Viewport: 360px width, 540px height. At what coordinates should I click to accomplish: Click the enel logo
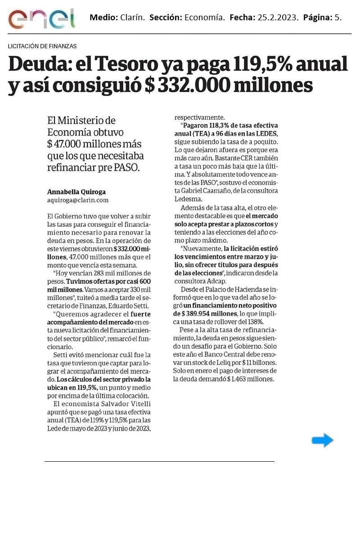click(x=41, y=18)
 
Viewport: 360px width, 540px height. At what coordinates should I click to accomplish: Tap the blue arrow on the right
click(x=322, y=441)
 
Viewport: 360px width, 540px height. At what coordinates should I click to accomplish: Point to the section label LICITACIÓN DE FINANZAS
click(x=42, y=46)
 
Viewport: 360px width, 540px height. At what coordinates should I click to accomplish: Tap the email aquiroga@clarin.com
click(x=78, y=200)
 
